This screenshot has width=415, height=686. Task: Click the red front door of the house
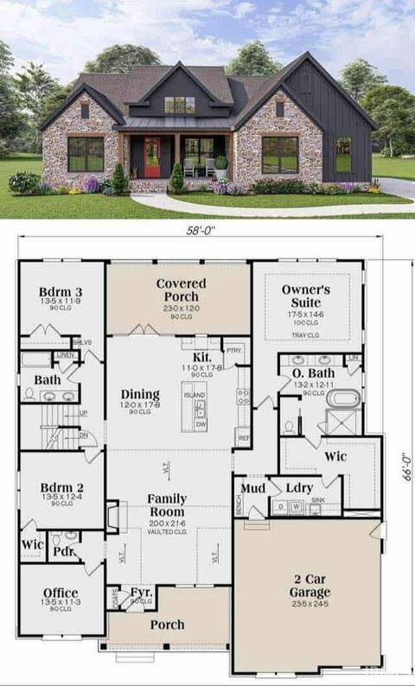pyautogui.click(x=152, y=156)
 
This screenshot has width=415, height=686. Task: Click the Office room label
pyautogui.click(x=61, y=593)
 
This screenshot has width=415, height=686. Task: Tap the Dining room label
pyautogui.click(x=140, y=395)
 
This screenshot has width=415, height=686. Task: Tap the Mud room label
pyautogui.click(x=252, y=488)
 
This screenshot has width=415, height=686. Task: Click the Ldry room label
pyautogui.click(x=299, y=488)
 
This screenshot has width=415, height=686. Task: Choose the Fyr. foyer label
pyautogui.click(x=142, y=592)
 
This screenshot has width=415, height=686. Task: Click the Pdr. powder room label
pyautogui.click(x=62, y=549)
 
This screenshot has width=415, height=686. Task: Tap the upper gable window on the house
pyautogui.click(x=180, y=105)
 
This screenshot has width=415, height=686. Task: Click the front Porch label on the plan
pyautogui.click(x=168, y=625)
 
